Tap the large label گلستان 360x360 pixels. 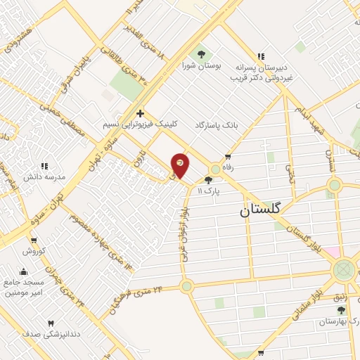tap(260, 209)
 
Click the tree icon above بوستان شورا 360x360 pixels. tap(201, 53)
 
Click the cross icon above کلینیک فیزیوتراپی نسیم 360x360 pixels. tap(140, 113)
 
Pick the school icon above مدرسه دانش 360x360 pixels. tap(44, 166)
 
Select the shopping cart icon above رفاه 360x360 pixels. tap(226, 157)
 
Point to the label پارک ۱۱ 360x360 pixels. tap(208, 191)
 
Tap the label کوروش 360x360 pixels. tap(33, 250)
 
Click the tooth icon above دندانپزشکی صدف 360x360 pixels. tap(49, 323)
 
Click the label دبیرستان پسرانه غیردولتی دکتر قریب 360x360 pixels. tap(262, 72)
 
